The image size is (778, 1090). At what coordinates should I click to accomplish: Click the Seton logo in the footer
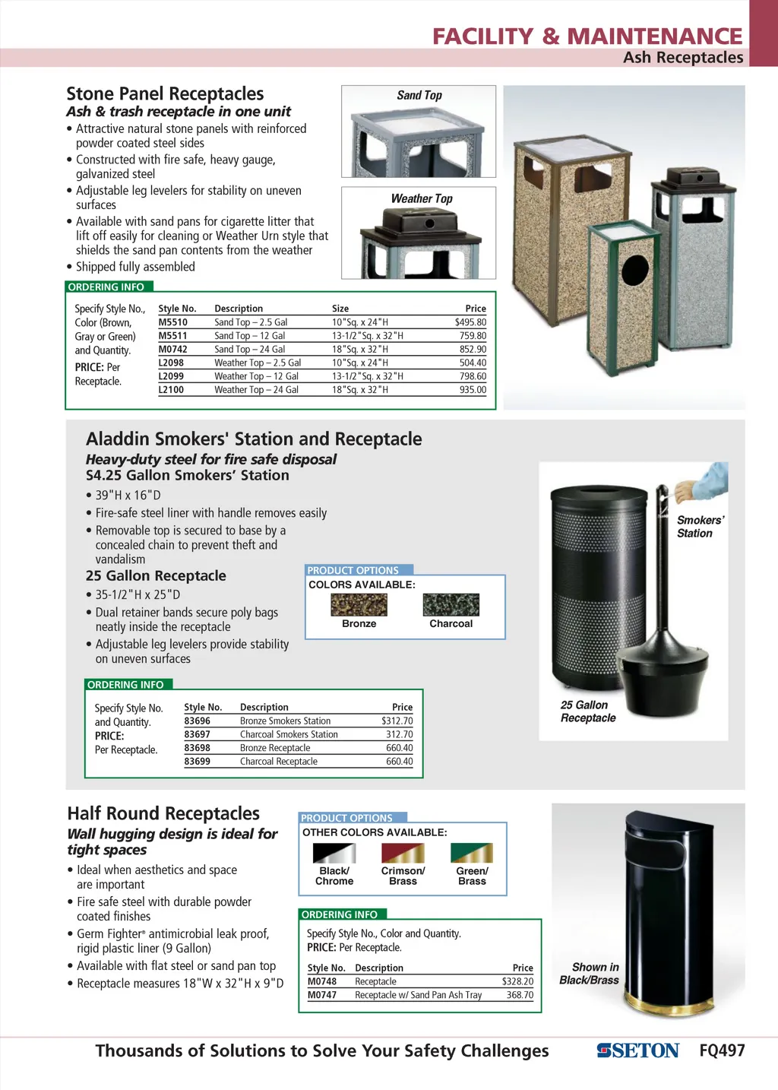tap(637, 1050)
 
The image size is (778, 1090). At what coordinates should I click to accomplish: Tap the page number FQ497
tap(722, 1050)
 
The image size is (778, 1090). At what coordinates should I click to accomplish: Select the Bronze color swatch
tap(359, 604)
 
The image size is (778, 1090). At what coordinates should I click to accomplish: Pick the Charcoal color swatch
tap(451, 604)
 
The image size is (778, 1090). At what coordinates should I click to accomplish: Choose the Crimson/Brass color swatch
tap(403, 853)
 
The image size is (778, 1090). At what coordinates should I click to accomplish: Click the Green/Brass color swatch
tap(472, 853)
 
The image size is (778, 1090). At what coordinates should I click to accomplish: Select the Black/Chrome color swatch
tap(334, 853)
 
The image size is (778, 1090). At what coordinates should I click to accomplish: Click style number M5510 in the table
tap(172, 322)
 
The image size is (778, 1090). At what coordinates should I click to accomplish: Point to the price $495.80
tap(470, 322)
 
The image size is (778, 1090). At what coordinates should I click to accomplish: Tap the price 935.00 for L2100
tap(473, 390)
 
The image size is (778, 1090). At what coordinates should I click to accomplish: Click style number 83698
tap(197, 748)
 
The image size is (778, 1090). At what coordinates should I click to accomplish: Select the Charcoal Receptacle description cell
tap(279, 762)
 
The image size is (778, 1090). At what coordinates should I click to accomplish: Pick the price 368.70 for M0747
tap(520, 995)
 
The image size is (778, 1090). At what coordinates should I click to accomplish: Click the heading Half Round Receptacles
tap(163, 813)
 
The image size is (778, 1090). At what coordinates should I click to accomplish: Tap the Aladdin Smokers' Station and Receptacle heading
tap(254, 439)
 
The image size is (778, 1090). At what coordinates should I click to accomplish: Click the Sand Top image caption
tap(419, 96)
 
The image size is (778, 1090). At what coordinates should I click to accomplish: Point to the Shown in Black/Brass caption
tap(590, 974)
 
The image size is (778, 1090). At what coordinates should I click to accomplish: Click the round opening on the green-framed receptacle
tap(635, 271)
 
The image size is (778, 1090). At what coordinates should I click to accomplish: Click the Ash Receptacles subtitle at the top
tap(683, 58)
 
